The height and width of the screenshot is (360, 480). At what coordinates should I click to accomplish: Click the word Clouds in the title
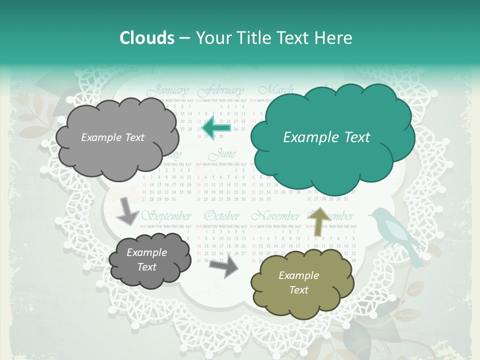click(x=147, y=38)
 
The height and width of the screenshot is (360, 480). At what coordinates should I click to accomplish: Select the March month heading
click(x=275, y=90)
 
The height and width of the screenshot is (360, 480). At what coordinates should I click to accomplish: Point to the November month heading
click(x=275, y=216)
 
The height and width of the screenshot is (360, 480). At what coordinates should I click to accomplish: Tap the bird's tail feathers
click(x=415, y=255)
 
